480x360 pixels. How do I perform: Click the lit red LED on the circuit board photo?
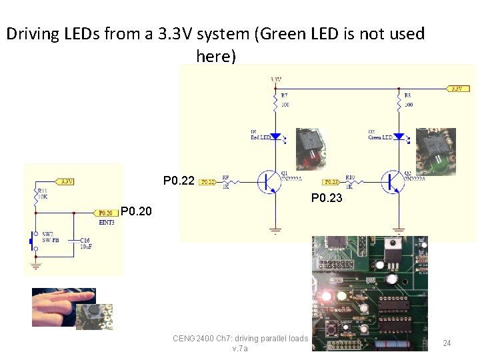(x=327, y=295)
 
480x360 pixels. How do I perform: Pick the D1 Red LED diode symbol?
(x=276, y=136)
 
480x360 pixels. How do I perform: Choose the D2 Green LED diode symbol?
(x=399, y=136)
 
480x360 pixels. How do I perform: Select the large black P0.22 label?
(x=179, y=181)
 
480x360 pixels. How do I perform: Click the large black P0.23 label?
(x=327, y=198)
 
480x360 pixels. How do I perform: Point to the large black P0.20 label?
(x=136, y=212)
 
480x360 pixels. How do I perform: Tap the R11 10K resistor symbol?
(x=36, y=195)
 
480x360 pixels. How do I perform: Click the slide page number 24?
(x=447, y=343)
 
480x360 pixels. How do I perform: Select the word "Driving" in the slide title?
(x=31, y=34)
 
